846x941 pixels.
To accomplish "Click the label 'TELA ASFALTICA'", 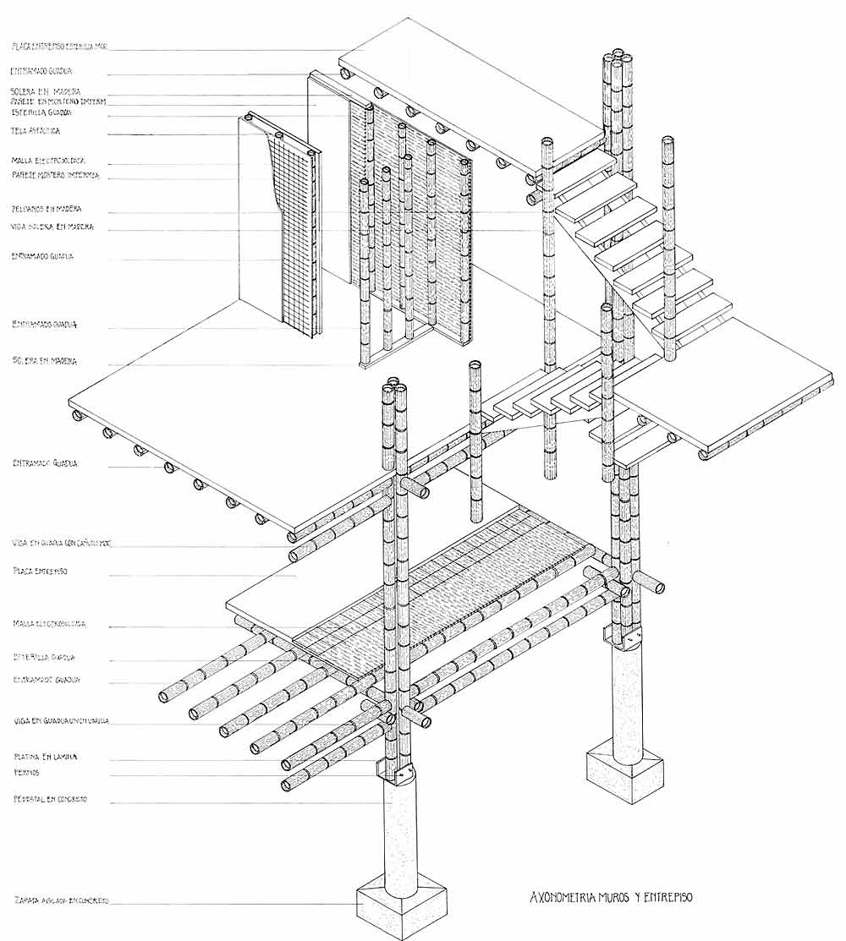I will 36,131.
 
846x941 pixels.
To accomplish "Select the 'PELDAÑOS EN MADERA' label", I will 47,209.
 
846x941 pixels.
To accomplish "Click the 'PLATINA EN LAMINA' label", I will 46,757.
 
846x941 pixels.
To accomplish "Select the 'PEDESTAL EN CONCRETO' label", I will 50,799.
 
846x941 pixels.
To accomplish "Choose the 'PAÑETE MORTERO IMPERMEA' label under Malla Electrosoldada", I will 56,176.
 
